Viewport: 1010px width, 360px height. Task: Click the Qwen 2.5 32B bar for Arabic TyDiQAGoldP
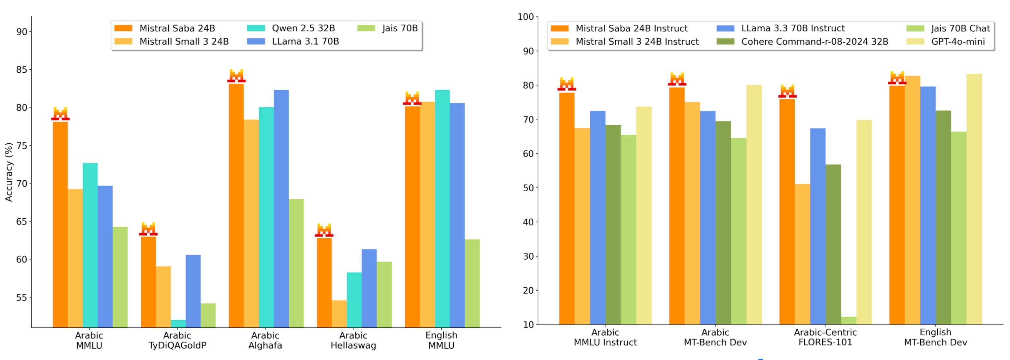(178, 324)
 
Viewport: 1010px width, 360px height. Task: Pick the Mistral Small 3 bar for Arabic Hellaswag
(339, 314)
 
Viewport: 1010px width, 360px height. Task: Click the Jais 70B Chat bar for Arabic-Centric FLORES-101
(848, 320)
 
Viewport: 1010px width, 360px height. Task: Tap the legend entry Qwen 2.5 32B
(303, 28)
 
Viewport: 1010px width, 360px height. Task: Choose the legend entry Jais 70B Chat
(960, 28)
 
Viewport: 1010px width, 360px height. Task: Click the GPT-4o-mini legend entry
(957, 42)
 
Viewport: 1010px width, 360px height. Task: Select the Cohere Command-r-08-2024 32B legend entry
(814, 42)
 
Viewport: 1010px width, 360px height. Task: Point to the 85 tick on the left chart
(22, 70)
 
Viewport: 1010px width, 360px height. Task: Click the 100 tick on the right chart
(525, 17)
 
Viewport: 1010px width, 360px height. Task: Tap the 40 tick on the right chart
(528, 222)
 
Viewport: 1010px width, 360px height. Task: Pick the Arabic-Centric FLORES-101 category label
(825, 337)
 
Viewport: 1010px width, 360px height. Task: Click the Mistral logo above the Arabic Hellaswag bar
(324, 230)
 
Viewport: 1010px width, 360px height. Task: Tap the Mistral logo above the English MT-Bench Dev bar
(897, 78)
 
